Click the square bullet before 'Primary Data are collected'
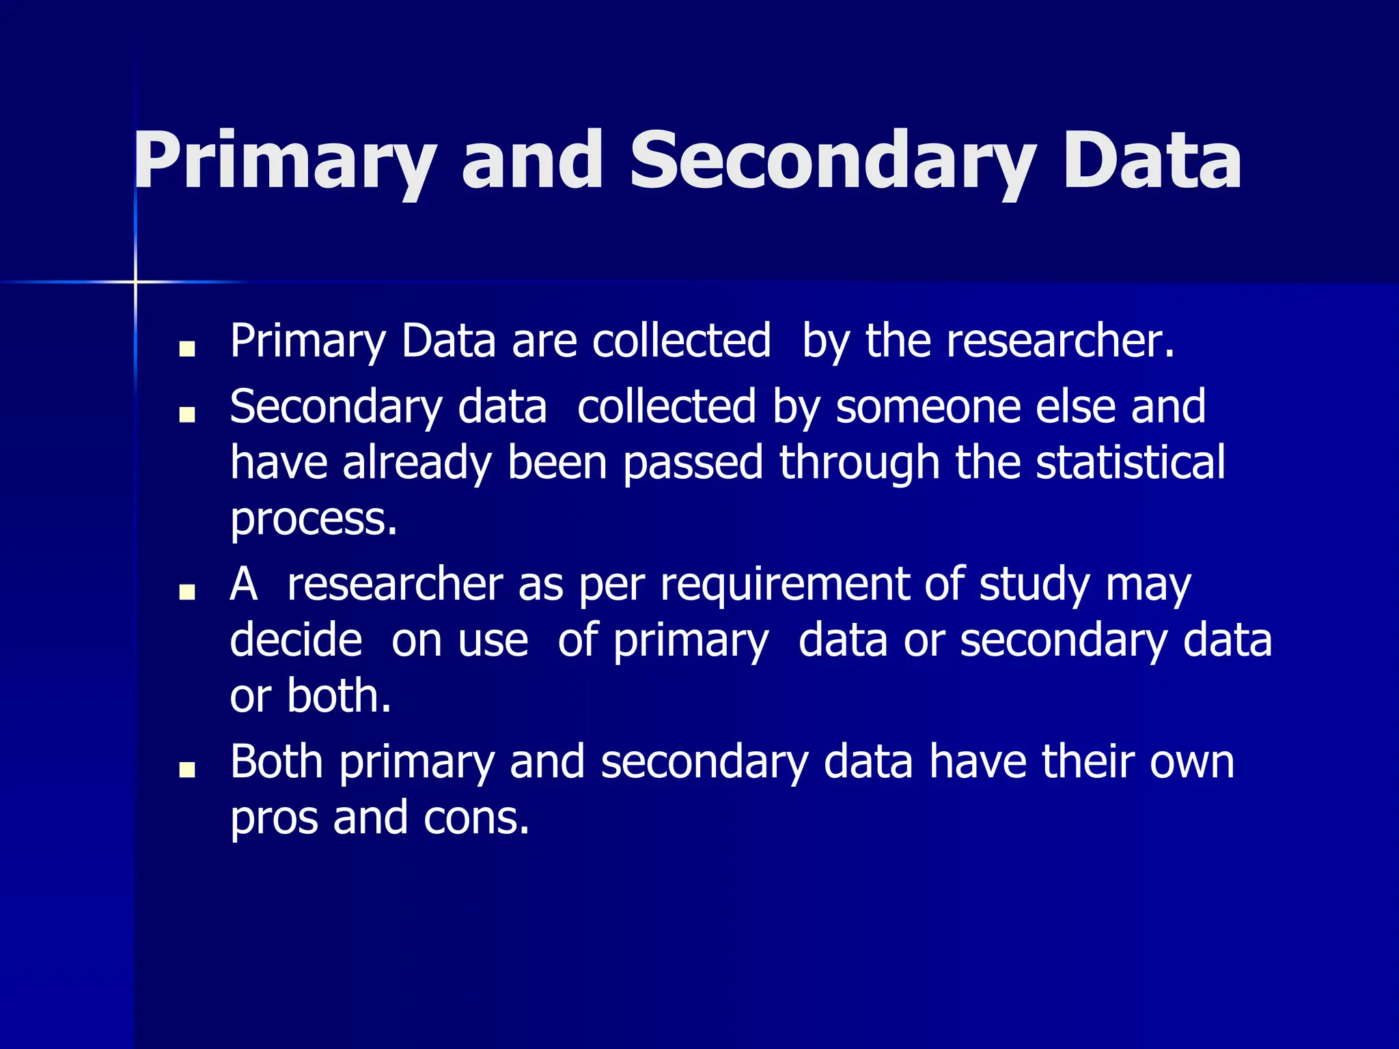pos(186,349)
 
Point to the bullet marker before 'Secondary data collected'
pos(186,415)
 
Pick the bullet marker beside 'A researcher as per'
pos(186,592)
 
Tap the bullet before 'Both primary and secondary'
pos(186,770)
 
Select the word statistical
pos(1131,462)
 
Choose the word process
pos(314,519)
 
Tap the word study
pos(1034,585)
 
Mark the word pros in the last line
pos(274,818)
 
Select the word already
pos(417,464)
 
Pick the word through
pos(859,464)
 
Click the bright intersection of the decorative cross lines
pos(135,281)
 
